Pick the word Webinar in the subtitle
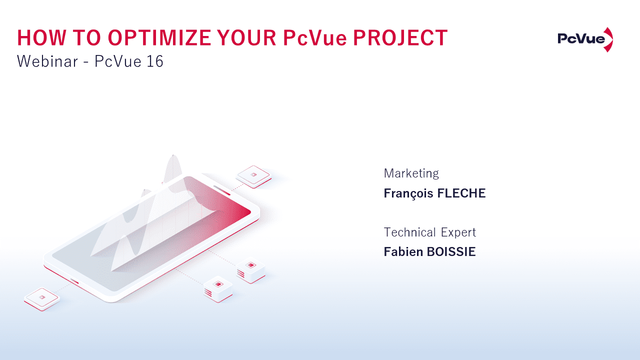pos(47,61)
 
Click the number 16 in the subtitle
pos(155,61)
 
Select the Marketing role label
pos(411,173)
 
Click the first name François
pos(408,193)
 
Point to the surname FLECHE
pos(461,193)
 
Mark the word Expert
pos(458,232)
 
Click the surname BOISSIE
pos(449,252)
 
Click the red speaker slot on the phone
pos(222,190)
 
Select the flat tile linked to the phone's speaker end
pos(254,175)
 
